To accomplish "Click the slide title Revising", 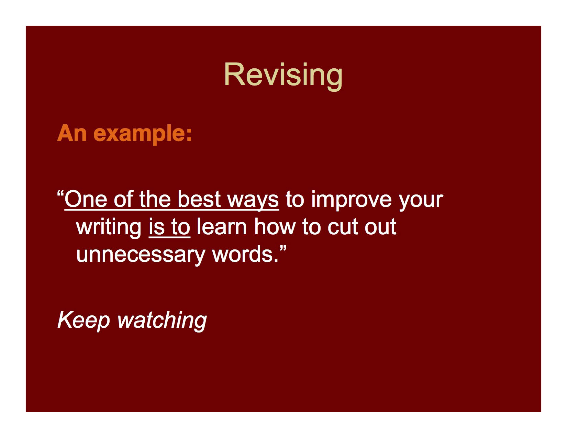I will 283,75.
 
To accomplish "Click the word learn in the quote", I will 222,227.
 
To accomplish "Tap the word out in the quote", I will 380,227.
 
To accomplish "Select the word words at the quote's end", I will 245,254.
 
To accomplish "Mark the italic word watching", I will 162,320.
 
